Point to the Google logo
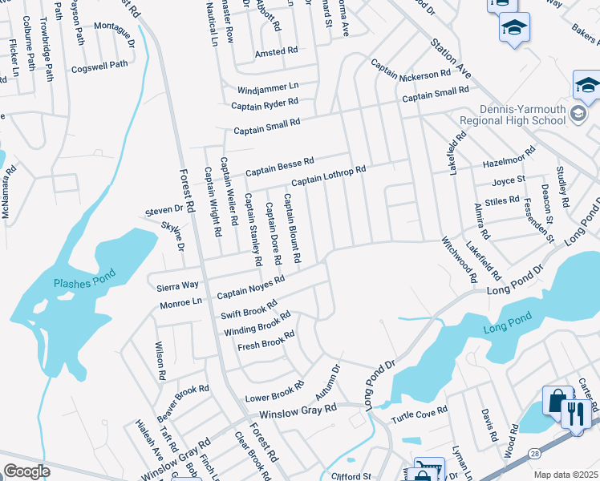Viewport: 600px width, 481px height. click(26, 471)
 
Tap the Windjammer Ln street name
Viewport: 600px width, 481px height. click(267, 87)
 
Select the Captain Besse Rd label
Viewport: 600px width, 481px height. click(279, 167)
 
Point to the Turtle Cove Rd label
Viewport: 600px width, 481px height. click(419, 415)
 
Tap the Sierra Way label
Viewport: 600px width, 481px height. click(177, 285)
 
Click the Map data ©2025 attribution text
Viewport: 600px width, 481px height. click(566, 475)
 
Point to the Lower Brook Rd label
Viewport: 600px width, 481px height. click(274, 391)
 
